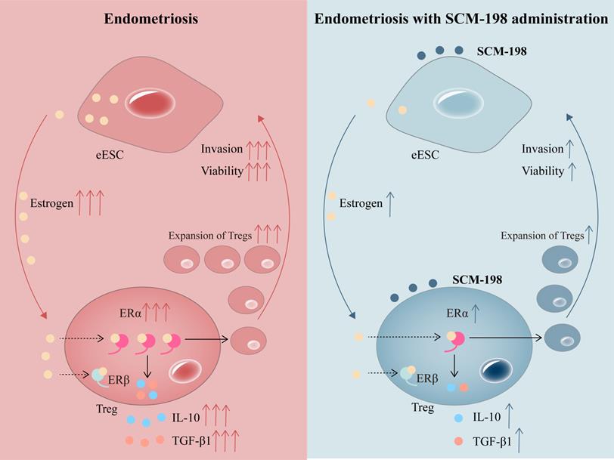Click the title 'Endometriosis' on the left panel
pos(151,18)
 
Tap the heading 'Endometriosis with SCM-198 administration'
pos(461,18)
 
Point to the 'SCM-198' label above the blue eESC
pos(501,51)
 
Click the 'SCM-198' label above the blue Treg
pos(477,279)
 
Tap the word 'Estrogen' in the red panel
pos(51,203)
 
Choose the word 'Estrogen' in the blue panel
pos(360,203)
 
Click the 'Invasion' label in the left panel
pos(221,149)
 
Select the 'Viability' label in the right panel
pos(542,171)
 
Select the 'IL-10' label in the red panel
pos(185,417)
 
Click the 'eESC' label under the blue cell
pos(425,156)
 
